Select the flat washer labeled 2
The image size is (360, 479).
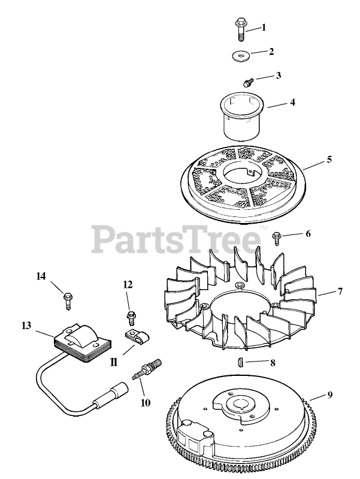(x=241, y=57)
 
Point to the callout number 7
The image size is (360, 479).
(x=340, y=293)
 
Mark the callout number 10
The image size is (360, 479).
(x=146, y=403)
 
